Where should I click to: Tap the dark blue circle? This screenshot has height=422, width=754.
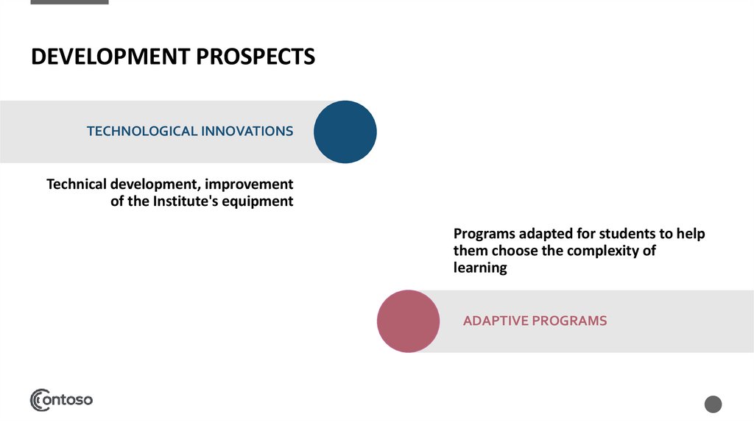(345, 132)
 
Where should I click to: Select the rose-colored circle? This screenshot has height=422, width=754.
(408, 321)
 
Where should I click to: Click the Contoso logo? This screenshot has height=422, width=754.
(61, 400)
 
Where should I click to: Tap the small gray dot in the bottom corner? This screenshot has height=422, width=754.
(713, 404)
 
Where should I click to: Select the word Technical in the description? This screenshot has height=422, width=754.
(77, 184)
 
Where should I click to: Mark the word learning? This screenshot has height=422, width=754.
(480, 268)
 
